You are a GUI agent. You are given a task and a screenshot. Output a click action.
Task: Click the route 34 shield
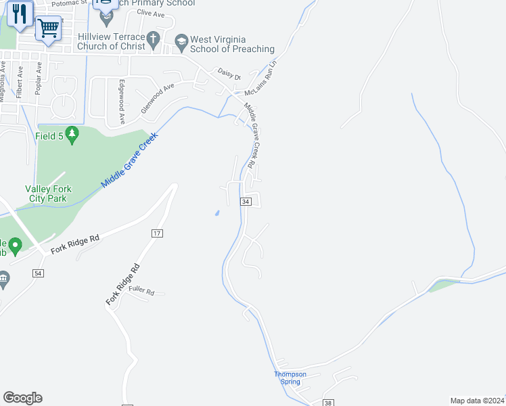[x=246, y=202]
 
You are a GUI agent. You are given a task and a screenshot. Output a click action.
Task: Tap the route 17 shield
[x=157, y=233]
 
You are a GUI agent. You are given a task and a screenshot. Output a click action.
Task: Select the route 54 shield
[x=38, y=273]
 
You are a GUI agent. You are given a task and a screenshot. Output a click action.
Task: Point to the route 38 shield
[x=329, y=403]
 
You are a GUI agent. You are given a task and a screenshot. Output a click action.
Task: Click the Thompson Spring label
[x=290, y=378]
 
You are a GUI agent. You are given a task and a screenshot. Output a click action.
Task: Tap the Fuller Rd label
[x=142, y=292]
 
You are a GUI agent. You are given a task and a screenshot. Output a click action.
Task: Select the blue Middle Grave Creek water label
[x=129, y=160]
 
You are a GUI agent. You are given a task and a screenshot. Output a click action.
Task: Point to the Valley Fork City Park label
[x=48, y=194]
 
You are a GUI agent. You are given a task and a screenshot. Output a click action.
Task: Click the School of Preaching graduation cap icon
[x=181, y=42]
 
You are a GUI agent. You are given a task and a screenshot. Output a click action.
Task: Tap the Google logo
[x=22, y=397]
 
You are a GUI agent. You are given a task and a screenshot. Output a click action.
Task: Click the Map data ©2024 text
[x=476, y=401]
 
